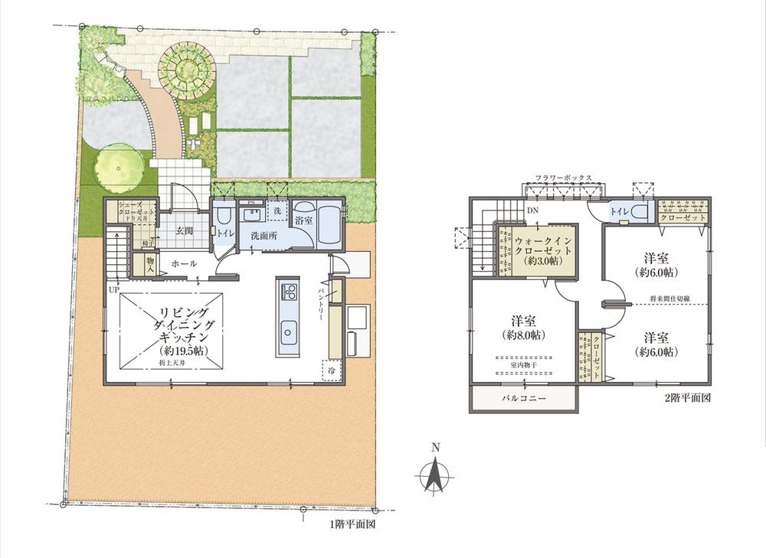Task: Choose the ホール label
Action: point(185,263)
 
